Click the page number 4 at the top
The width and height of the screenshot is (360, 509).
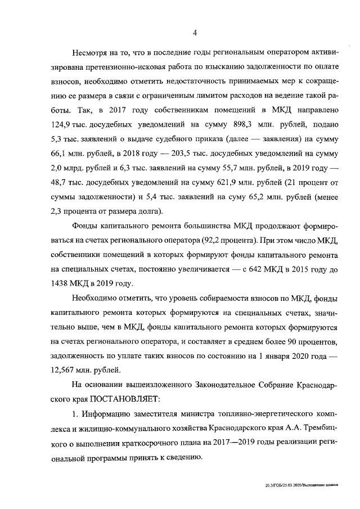[195, 33]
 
